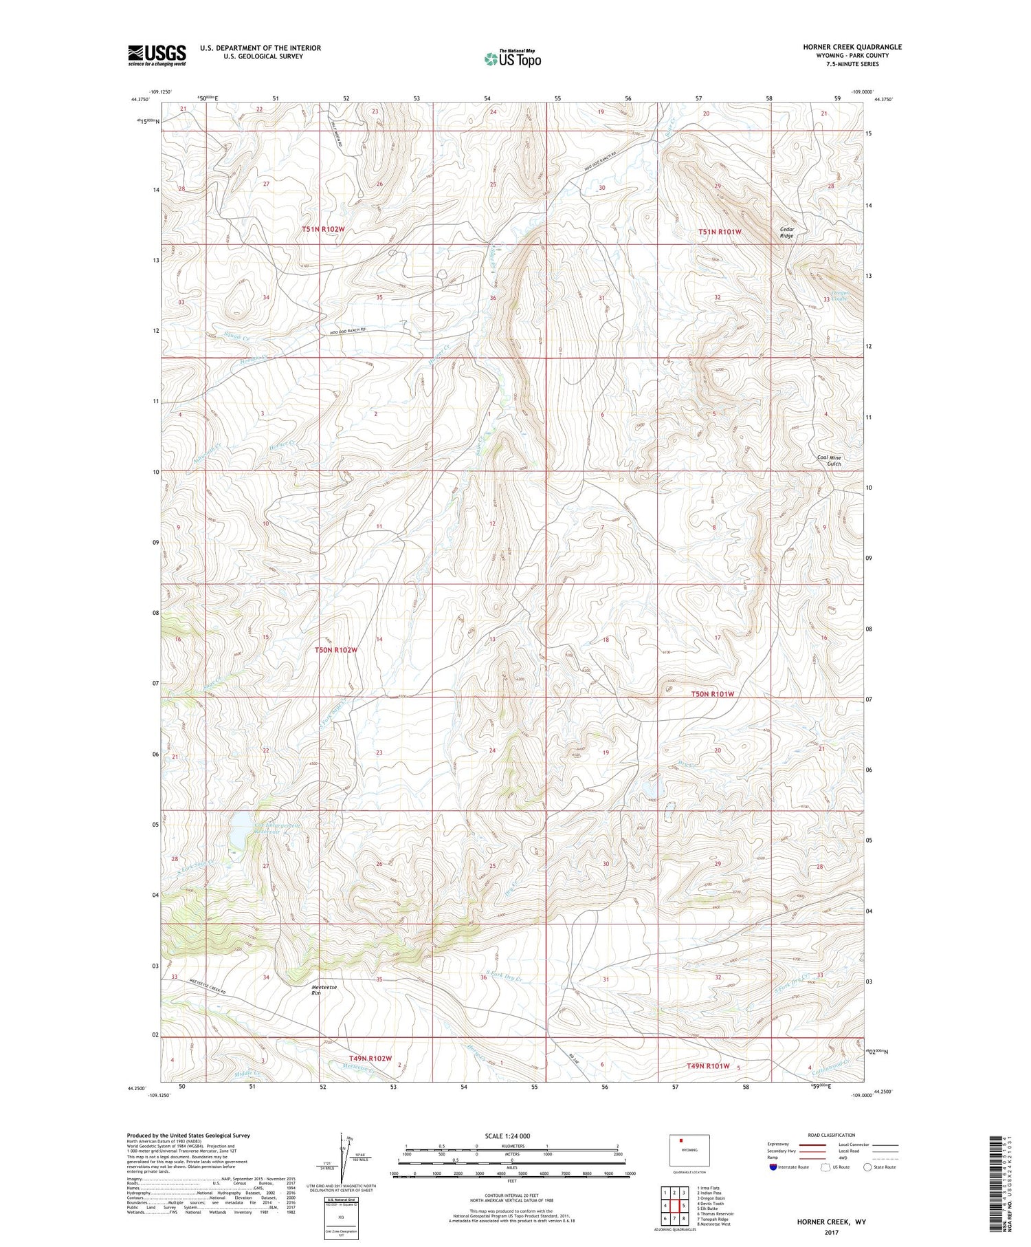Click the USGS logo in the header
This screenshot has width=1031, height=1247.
(x=157, y=55)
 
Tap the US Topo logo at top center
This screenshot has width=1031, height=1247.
(x=513, y=59)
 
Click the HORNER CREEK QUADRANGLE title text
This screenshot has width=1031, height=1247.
(x=852, y=47)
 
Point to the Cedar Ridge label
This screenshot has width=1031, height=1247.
(x=787, y=232)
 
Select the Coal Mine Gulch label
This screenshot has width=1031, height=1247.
(x=829, y=460)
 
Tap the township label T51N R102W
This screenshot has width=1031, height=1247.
(x=323, y=229)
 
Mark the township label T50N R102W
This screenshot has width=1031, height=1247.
(x=336, y=649)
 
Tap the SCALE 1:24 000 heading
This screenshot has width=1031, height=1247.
(x=507, y=1136)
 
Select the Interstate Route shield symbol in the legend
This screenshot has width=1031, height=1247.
(x=773, y=1167)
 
